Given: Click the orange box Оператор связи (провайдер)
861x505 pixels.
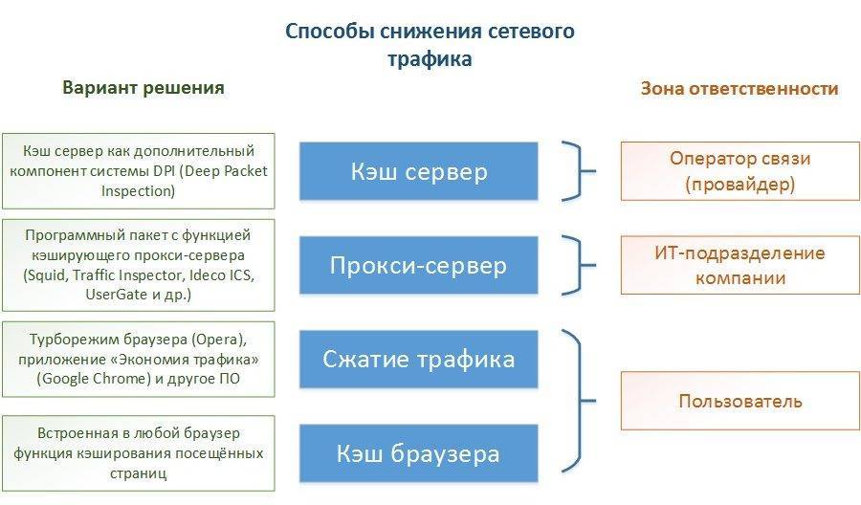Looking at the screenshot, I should click(x=740, y=171).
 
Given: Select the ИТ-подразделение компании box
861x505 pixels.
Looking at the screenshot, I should click(x=740, y=266).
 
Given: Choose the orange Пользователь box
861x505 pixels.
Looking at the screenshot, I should click(x=740, y=401).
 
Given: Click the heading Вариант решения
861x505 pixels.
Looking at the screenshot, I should click(x=143, y=88).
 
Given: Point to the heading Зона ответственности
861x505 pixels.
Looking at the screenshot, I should click(x=740, y=89).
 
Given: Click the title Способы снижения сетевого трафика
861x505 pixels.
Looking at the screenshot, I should click(x=430, y=44).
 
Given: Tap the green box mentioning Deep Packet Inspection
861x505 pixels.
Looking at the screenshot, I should click(x=138, y=170).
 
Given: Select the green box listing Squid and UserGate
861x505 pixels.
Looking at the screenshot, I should click(x=138, y=264).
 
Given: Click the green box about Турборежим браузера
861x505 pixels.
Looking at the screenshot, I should click(x=138, y=359).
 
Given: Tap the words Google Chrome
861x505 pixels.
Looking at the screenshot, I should click(x=88, y=378).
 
